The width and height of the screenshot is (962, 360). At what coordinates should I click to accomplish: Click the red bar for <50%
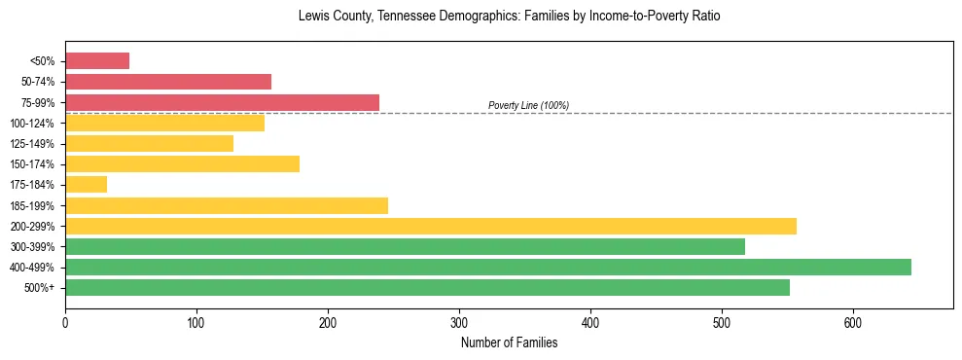click(97, 61)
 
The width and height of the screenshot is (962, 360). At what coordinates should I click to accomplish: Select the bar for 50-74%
click(168, 82)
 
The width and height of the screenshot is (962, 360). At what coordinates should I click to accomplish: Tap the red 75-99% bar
click(222, 102)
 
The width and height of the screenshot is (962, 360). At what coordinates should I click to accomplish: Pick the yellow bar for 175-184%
click(86, 185)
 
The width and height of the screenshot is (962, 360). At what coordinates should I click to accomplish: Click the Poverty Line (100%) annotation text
click(528, 105)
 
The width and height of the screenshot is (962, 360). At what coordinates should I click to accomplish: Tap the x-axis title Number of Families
click(509, 342)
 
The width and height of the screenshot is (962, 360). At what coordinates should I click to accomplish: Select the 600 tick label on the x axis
click(853, 323)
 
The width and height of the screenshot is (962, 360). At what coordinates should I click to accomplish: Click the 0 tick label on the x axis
click(65, 323)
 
